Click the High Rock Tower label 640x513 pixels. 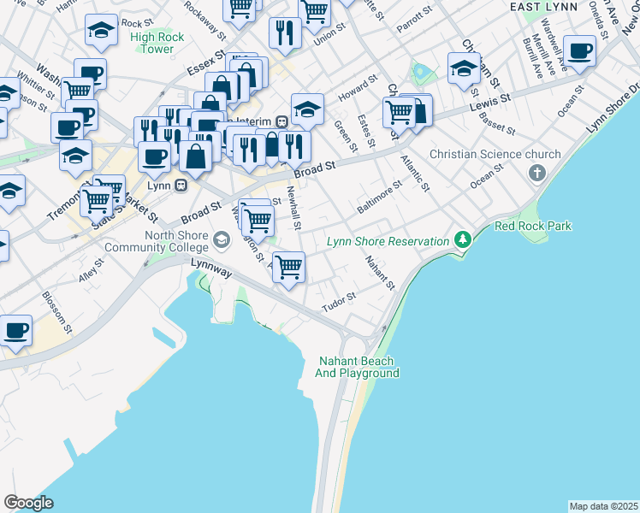(x=152, y=43)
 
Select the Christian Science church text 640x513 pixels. (x=495, y=155)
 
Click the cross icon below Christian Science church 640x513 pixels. (x=536, y=174)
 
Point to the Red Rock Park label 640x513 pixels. (x=533, y=226)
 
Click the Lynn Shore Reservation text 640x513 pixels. (x=388, y=242)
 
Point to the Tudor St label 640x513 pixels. (x=338, y=300)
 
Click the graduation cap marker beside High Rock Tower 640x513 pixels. (x=101, y=32)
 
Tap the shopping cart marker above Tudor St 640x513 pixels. (x=289, y=268)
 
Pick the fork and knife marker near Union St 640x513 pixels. (x=284, y=33)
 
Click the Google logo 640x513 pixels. (x=28, y=503)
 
